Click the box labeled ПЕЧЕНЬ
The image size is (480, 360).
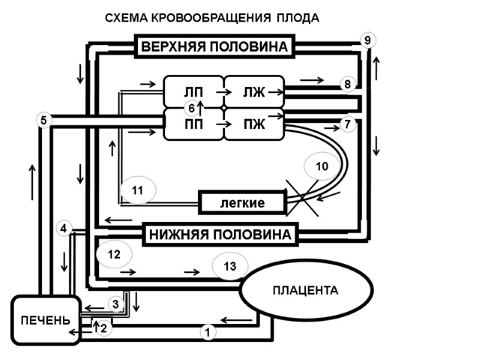(x=46, y=320)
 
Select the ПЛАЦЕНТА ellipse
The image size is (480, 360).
(x=305, y=291)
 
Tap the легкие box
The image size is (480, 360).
(x=242, y=203)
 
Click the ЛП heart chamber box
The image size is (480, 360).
(x=193, y=92)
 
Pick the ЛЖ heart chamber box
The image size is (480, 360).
(x=253, y=92)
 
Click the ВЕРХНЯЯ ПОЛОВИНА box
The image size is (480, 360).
(x=215, y=46)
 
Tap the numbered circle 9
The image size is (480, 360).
(x=368, y=40)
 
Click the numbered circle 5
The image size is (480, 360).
(x=43, y=120)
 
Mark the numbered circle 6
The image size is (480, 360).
(x=191, y=109)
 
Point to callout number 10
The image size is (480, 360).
(x=322, y=167)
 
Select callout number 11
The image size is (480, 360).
(x=138, y=191)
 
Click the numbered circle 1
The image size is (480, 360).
(x=207, y=331)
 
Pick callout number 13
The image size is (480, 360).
(x=230, y=266)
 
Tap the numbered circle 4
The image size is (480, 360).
(x=64, y=228)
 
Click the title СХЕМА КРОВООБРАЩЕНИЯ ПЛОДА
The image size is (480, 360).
(x=212, y=18)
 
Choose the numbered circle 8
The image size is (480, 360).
(x=347, y=85)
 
